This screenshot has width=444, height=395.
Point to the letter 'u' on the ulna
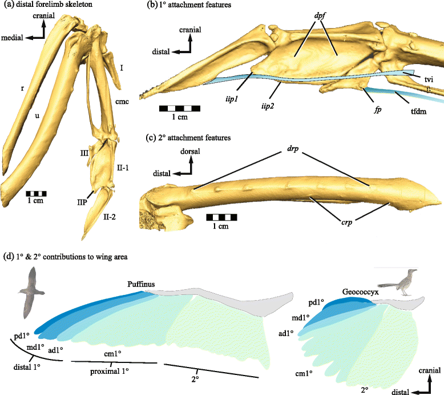pos(37,115)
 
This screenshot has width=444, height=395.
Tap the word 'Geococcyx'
pos(361,291)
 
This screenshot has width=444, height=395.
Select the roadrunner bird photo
pos(399,283)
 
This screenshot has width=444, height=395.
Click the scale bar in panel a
pos(37,193)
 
